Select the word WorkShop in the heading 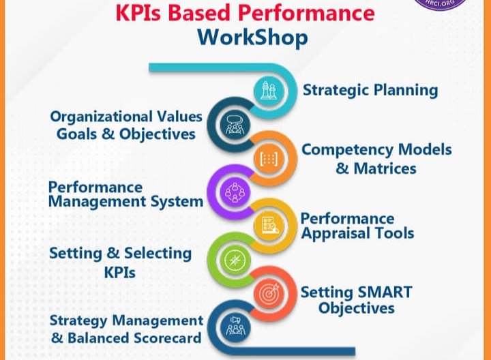tap(253, 37)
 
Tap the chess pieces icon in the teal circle tap(269, 90)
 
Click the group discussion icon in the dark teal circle tap(235, 125)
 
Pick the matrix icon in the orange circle tap(269, 159)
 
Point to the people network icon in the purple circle tap(235, 192)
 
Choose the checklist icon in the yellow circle tap(269, 226)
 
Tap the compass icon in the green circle tap(235, 260)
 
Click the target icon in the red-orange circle tap(269, 294)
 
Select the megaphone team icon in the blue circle tap(235, 327)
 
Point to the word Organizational tap(102, 117)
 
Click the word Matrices tap(385, 168)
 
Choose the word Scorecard tap(167, 338)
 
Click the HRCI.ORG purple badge tap(441, 4)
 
